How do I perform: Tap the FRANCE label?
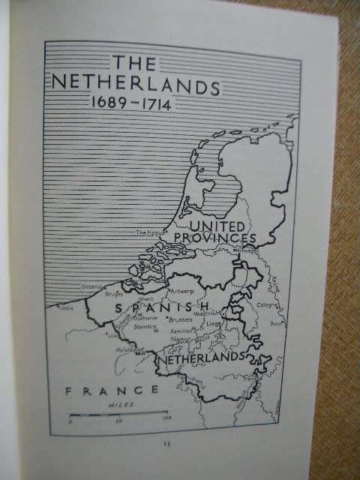coord(112,390)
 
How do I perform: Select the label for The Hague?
coord(149,233)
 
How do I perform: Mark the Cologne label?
coord(267,304)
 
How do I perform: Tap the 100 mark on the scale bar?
coord(166,418)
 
